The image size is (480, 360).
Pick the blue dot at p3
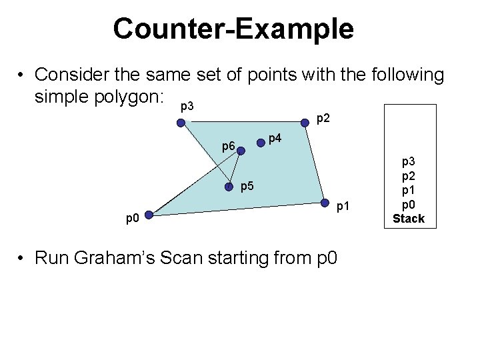click(180, 123)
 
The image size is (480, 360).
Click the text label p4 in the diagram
click(275, 139)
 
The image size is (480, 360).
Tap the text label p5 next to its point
click(247, 186)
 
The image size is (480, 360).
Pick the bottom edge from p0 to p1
click(237, 209)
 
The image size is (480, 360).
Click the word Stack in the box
click(408, 218)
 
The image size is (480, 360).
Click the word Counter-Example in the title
click(233, 29)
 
